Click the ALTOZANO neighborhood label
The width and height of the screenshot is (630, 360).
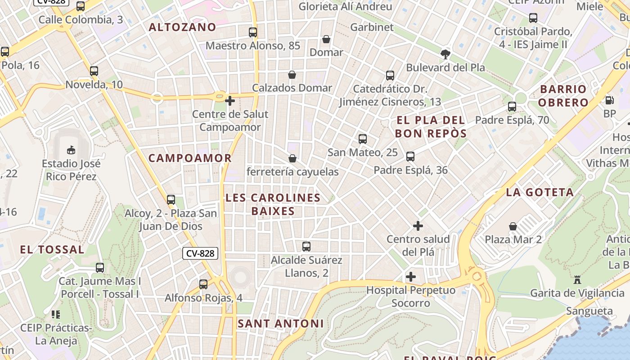click(x=182, y=27)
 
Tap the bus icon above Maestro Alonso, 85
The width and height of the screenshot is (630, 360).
click(x=253, y=32)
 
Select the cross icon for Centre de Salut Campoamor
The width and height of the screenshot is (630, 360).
click(x=230, y=101)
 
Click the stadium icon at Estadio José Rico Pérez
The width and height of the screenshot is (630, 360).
click(x=71, y=150)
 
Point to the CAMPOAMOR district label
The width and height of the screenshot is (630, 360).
click(x=190, y=158)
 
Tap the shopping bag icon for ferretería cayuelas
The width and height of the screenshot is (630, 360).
click(x=292, y=158)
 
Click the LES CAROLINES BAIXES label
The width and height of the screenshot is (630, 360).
click(x=273, y=204)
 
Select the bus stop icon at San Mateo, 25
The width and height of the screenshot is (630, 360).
click(x=363, y=139)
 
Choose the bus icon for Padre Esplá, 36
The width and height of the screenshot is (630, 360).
click(x=410, y=157)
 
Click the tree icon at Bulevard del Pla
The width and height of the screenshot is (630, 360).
click(x=445, y=54)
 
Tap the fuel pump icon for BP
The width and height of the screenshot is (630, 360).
click(x=610, y=100)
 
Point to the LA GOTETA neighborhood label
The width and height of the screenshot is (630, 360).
click(x=540, y=192)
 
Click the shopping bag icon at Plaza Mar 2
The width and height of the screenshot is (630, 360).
click(x=513, y=226)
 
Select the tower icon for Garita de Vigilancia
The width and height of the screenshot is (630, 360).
click(x=577, y=280)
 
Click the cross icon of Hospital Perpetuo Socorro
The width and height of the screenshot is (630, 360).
click(x=411, y=277)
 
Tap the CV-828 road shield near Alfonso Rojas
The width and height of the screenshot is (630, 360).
click(x=200, y=253)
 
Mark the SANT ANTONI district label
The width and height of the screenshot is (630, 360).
click(x=280, y=323)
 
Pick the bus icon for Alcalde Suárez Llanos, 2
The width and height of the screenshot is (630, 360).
click(x=306, y=247)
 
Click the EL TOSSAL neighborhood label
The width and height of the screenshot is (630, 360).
click(x=52, y=249)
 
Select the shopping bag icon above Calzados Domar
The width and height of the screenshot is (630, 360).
click(x=292, y=75)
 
